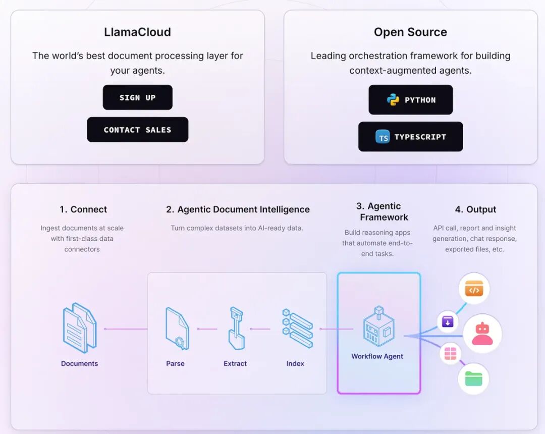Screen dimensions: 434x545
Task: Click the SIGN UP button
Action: [x=137, y=97]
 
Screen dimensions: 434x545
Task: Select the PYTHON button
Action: [x=410, y=100]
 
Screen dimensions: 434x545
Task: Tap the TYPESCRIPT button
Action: [x=410, y=137]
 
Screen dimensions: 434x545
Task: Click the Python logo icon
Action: [x=393, y=100]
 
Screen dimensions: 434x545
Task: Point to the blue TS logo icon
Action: [x=383, y=137]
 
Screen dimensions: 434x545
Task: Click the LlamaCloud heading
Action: [x=137, y=32]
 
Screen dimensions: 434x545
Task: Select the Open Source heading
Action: [x=410, y=32]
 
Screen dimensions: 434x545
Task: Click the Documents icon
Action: [x=79, y=328]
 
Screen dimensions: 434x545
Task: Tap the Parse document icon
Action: [x=177, y=329]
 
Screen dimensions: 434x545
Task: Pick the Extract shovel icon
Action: [x=236, y=329]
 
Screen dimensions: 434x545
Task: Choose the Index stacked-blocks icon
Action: [x=297, y=329]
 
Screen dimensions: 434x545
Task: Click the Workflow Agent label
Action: [x=377, y=356]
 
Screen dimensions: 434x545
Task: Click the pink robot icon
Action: [x=482, y=334]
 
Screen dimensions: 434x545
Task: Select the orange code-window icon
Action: [x=474, y=290]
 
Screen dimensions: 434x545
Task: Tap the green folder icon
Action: [x=473, y=378]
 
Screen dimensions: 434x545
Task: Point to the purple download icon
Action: [x=448, y=321]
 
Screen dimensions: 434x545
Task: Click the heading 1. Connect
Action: [x=83, y=209]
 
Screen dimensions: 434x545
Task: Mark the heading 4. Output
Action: [x=475, y=209]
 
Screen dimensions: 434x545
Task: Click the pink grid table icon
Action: [x=450, y=354]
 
